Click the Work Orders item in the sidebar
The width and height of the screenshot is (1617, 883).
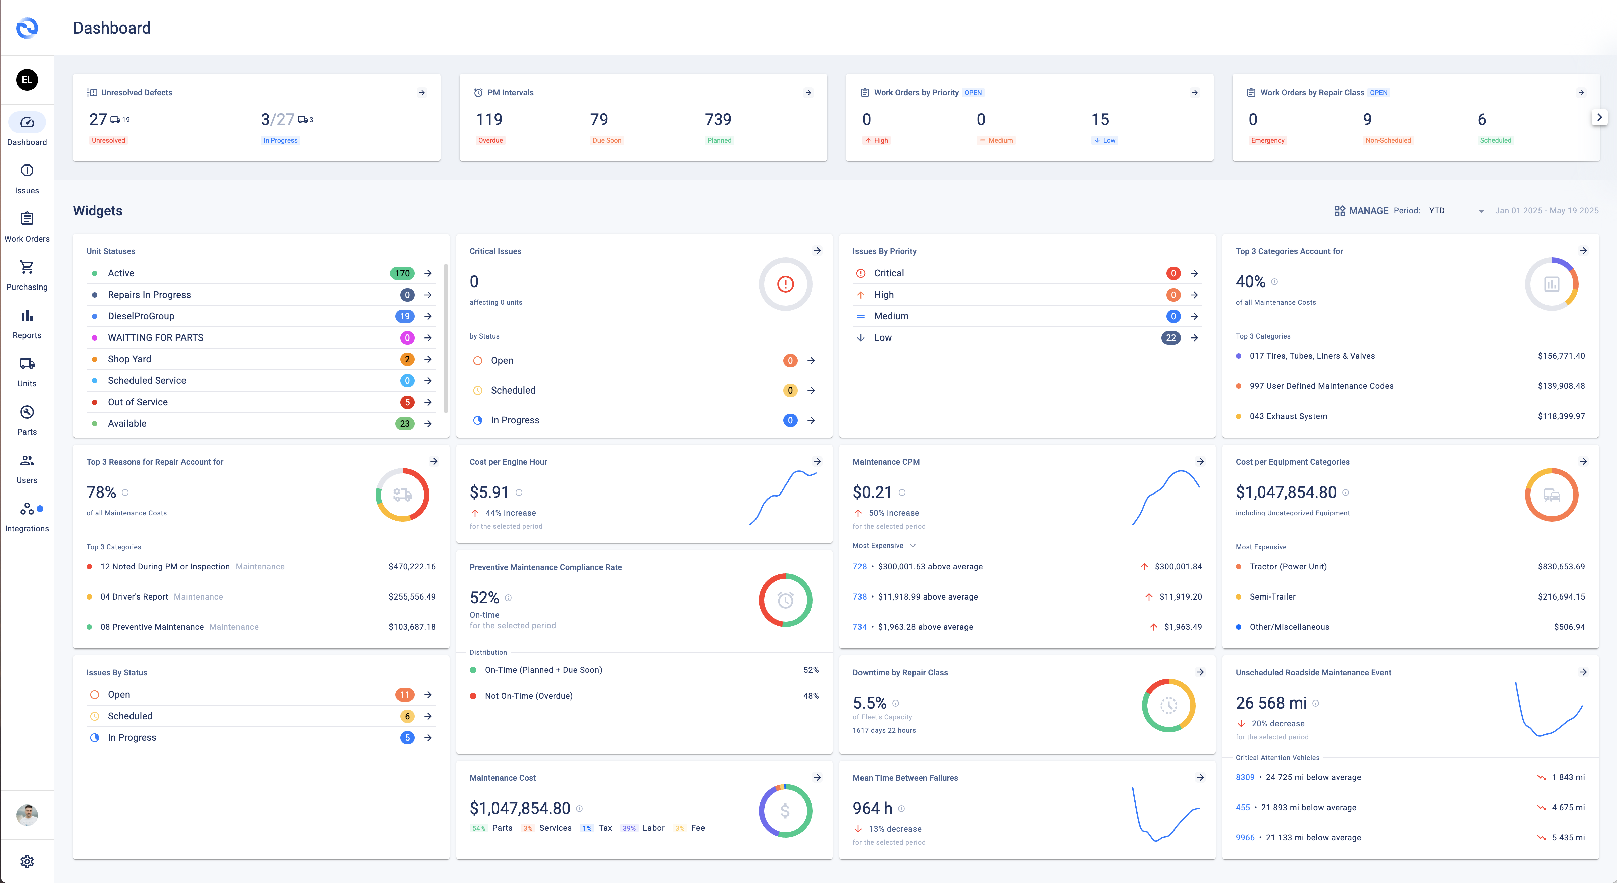(x=27, y=226)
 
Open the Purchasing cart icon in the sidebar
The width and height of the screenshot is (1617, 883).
(x=27, y=267)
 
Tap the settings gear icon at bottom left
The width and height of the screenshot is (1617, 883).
(x=27, y=861)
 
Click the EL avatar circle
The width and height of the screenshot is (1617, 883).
(x=27, y=80)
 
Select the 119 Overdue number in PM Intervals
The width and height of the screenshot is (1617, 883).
(x=489, y=120)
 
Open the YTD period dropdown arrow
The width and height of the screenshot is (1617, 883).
(x=1481, y=211)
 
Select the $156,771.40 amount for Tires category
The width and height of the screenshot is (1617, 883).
(x=1561, y=356)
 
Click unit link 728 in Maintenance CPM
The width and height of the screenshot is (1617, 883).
(x=859, y=567)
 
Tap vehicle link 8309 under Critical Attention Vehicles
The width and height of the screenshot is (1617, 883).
(x=1245, y=778)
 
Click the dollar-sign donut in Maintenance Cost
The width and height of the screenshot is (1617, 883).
(x=785, y=811)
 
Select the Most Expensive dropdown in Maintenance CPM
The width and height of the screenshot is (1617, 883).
(x=884, y=546)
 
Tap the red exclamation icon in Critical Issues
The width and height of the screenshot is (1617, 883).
(x=785, y=284)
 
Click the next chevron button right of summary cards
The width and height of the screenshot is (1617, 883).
(x=1599, y=117)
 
